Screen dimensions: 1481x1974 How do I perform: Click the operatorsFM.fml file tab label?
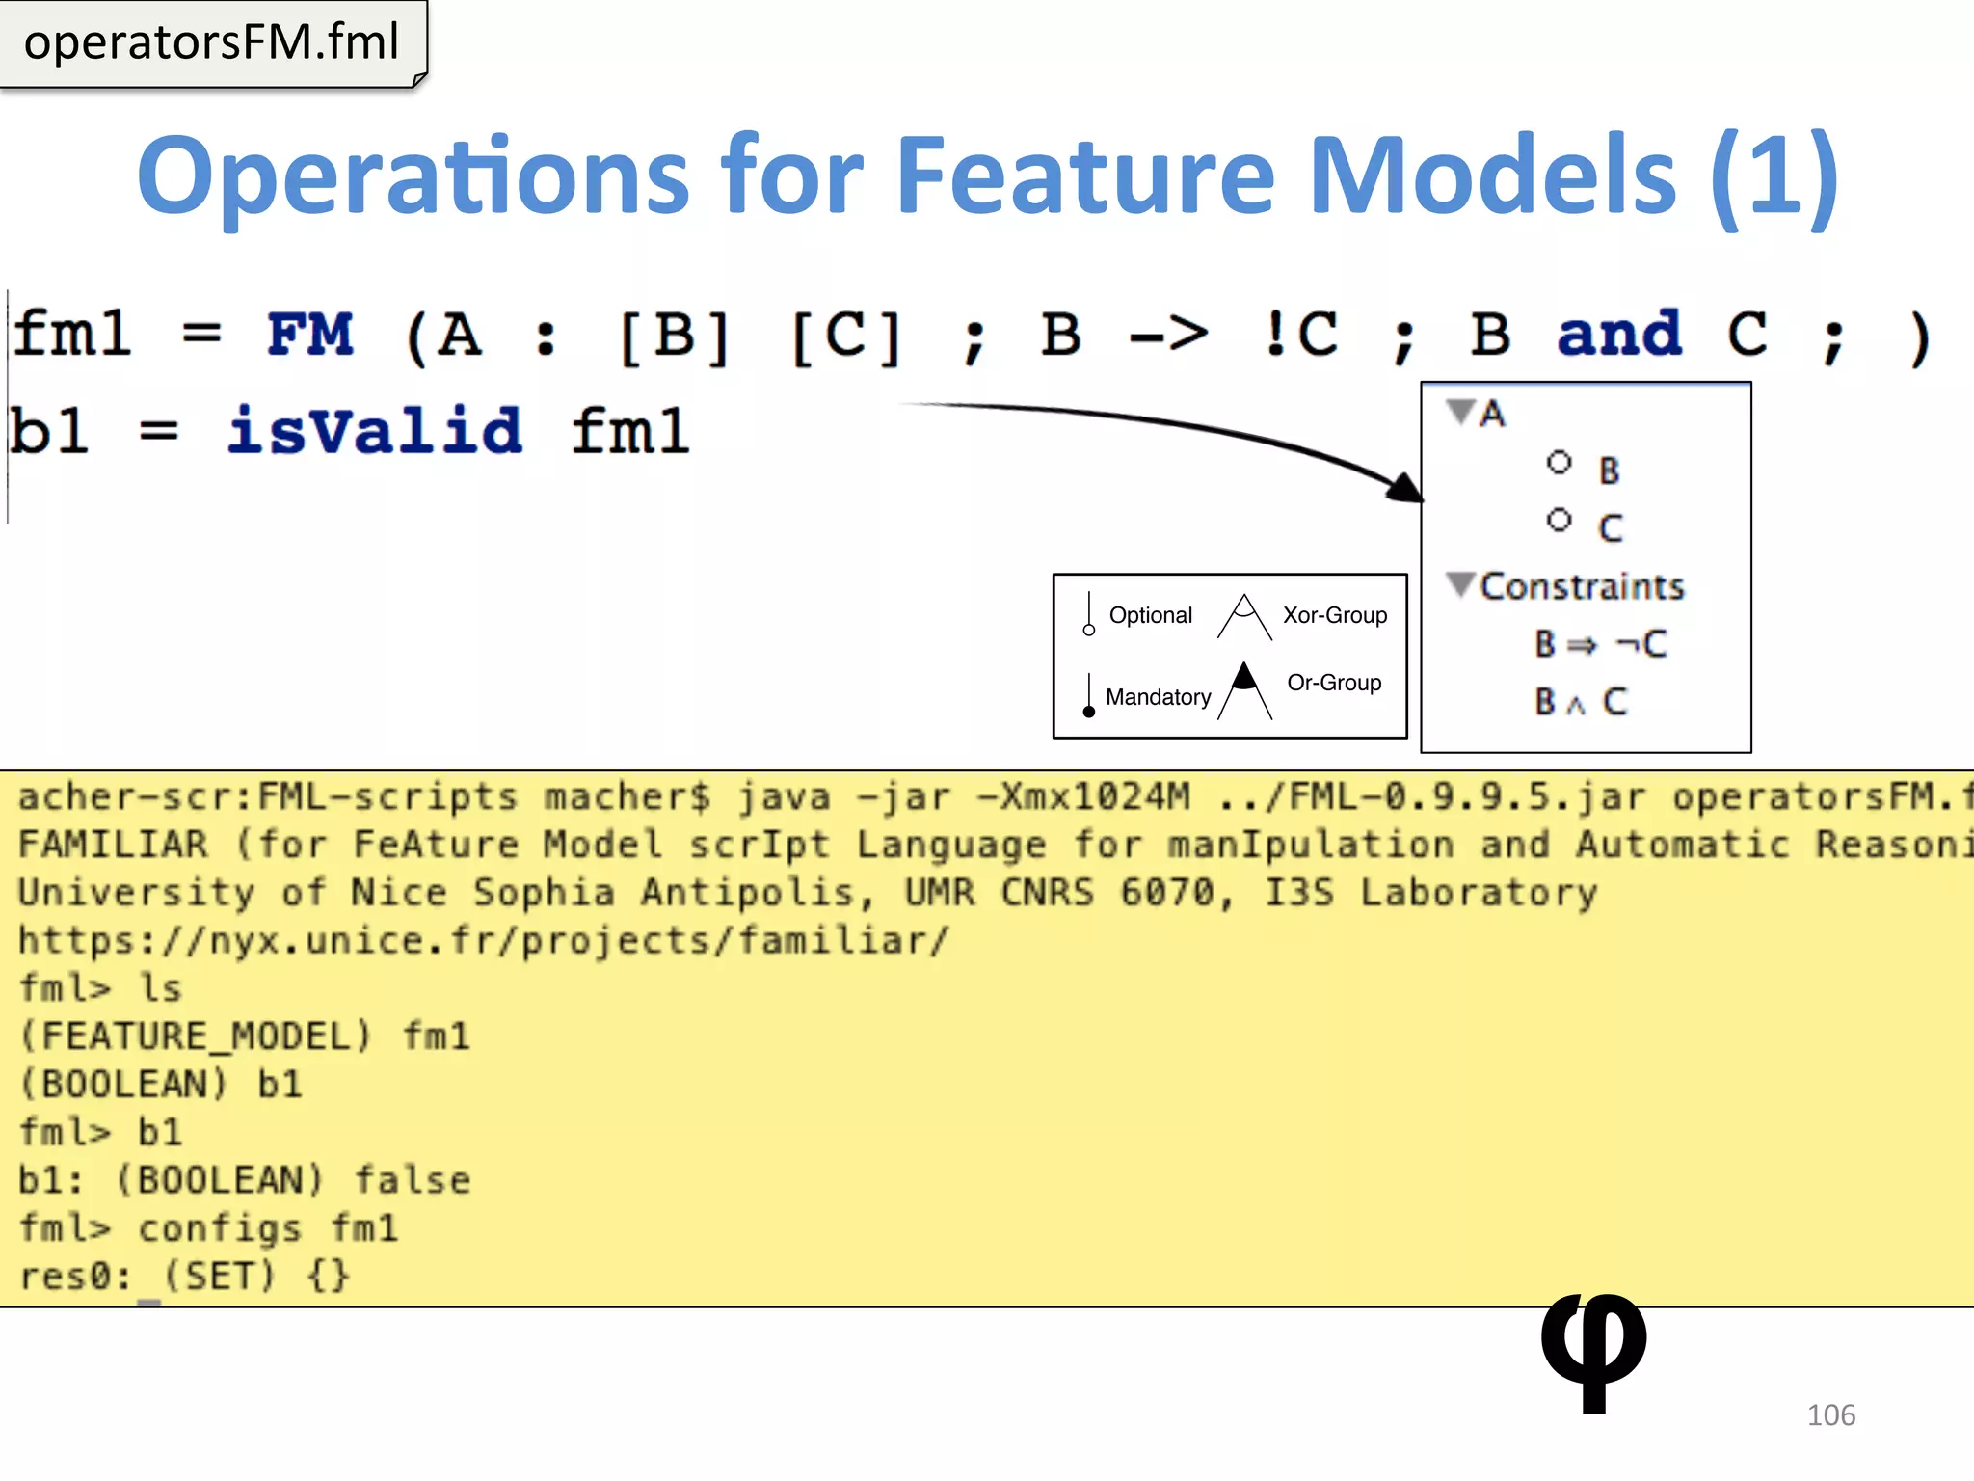point(211,42)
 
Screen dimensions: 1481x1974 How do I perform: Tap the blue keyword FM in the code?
point(310,335)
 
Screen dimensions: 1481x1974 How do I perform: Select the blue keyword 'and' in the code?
point(1619,335)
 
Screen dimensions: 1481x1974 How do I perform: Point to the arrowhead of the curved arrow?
point(1406,487)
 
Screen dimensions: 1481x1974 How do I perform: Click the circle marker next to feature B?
point(1559,463)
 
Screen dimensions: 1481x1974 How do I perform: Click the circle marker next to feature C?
point(1559,521)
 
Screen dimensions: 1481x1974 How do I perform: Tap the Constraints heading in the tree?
point(1582,586)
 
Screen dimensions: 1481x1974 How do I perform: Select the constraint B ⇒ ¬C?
point(1600,643)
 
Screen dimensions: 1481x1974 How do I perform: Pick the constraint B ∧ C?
point(1581,701)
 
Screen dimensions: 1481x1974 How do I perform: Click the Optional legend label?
point(1150,615)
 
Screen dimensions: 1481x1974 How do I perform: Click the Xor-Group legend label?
point(1335,615)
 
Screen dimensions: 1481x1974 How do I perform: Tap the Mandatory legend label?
point(1158,697)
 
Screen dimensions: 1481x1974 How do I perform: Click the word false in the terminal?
point(413,1180)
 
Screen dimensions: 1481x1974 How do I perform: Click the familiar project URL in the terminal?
point(484,940)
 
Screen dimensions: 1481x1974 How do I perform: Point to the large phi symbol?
point(1593,1350)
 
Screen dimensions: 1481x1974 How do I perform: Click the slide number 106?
point(1830,1414)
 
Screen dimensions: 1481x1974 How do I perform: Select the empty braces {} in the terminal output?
point(329,1277)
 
